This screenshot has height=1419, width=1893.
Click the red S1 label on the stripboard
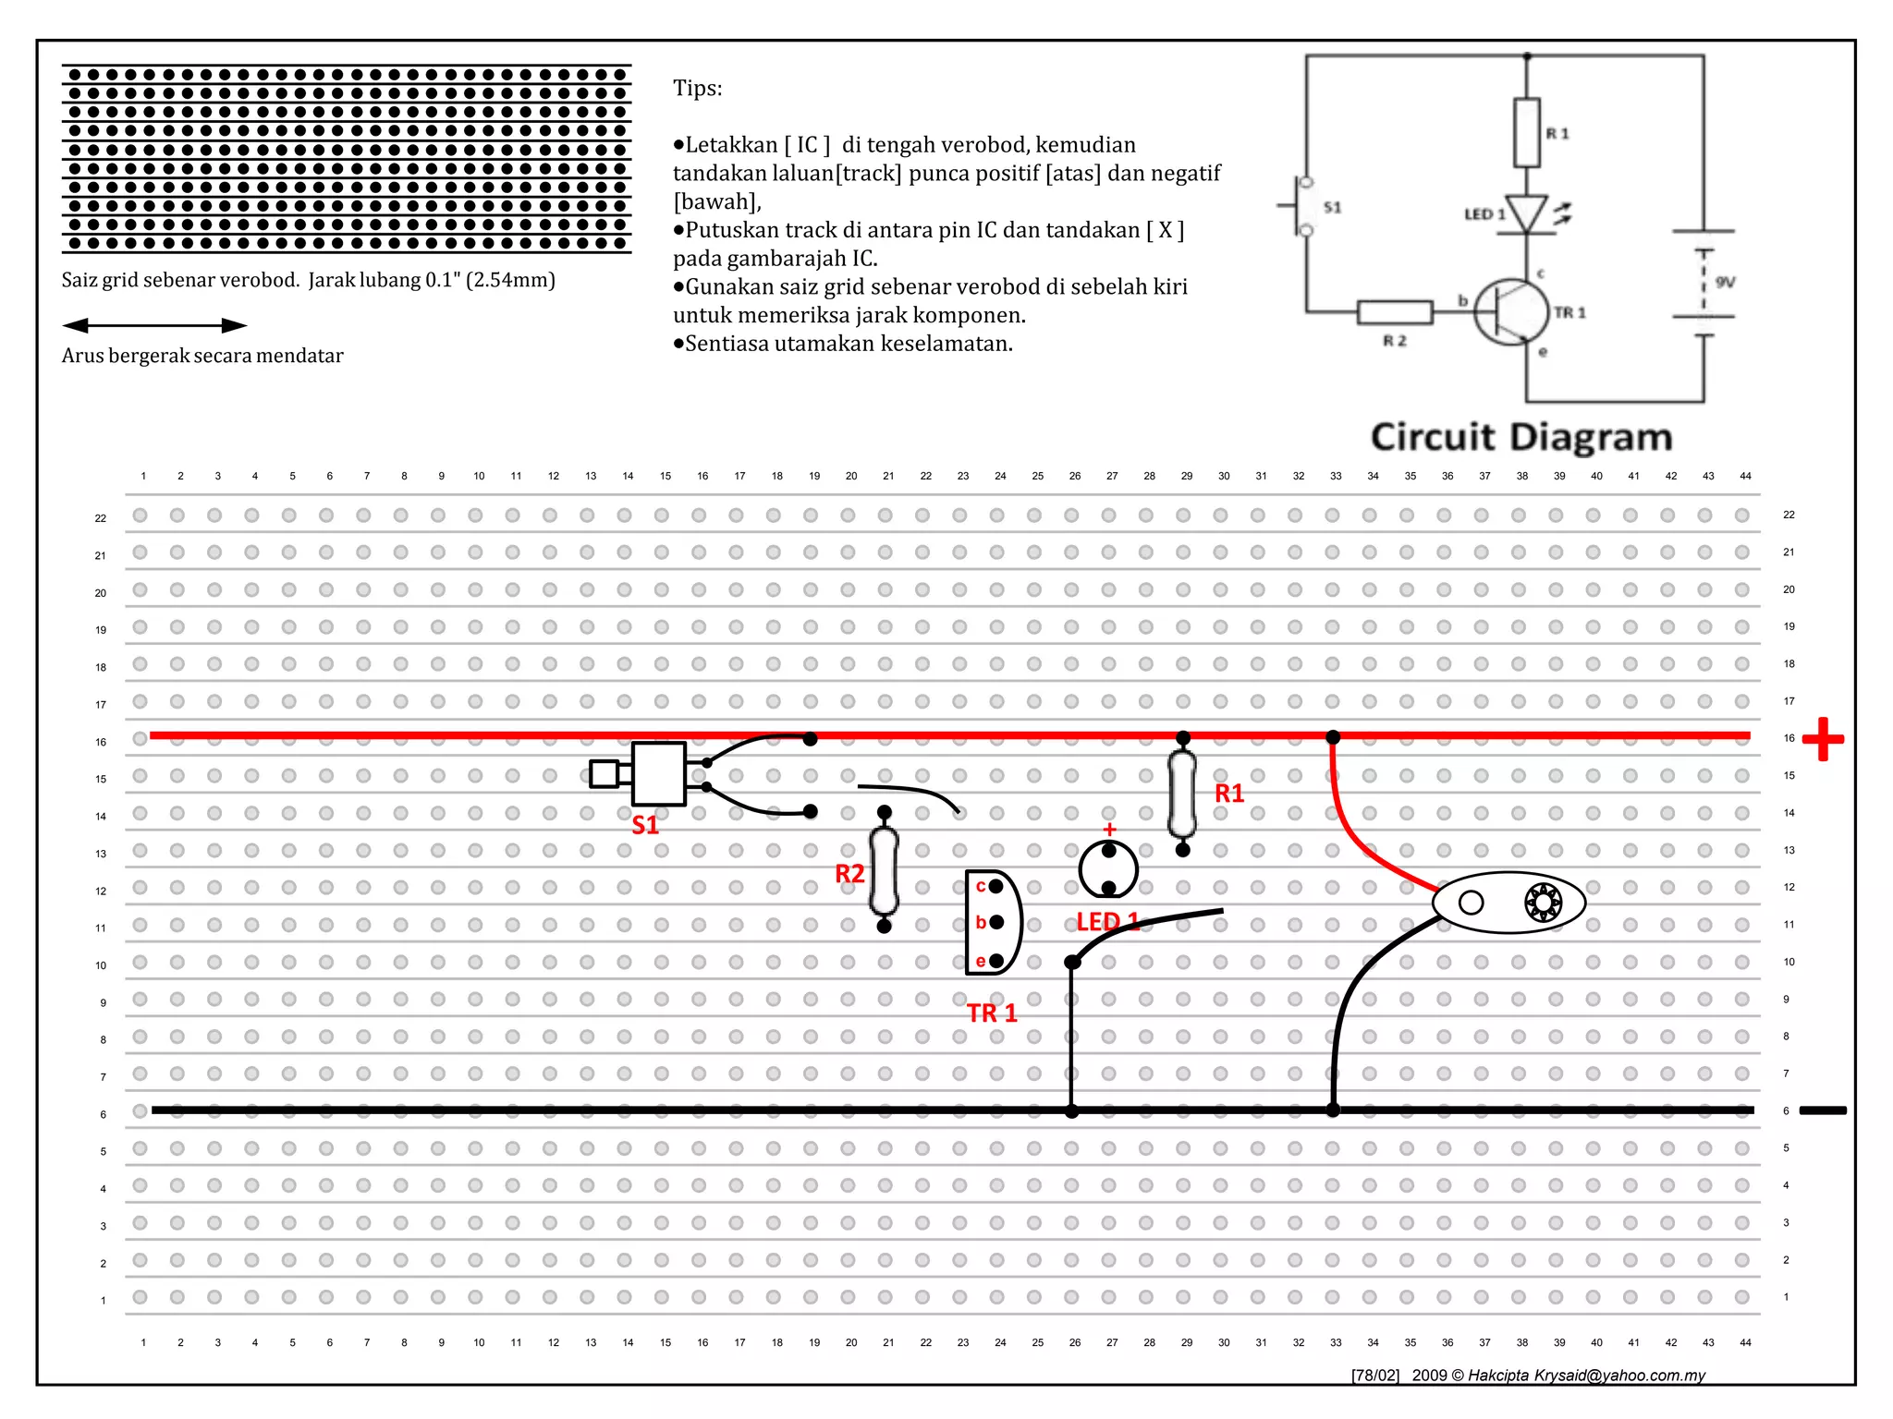[x=645, y=825]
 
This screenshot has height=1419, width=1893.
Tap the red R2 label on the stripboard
[x=849, y=874]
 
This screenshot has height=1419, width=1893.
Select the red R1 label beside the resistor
[x=1229, y=794]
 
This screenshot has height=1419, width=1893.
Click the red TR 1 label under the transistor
[x=992, y=1013]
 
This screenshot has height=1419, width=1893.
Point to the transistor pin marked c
[x=995, y=887]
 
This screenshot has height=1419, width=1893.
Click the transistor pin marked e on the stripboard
[x=995, y=962]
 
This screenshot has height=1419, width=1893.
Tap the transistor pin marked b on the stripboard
[x=996, y=923]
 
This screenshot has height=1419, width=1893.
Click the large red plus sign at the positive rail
[x=1823, y=739]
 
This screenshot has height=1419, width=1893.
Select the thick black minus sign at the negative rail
[x=1823, y=1110]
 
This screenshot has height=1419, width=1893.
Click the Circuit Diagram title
[x=1521, y=437]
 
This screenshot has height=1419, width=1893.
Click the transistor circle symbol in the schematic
[x=1511, y=312]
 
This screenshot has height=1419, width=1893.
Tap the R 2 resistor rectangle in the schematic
[x=1395, y=312]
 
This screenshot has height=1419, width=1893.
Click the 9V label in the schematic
[x=1725, y=283]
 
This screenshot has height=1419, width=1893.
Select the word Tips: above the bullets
[x=698, y=89]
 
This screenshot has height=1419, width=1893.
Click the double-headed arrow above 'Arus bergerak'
[x=154, y=325]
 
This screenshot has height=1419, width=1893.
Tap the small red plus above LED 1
[x=1109, y=830]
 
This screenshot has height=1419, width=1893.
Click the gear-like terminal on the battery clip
[x=1543, y=903]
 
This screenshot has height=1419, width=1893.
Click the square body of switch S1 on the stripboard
[x=659, y=774]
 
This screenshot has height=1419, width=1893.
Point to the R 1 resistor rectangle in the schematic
[x=1527, y=133]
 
